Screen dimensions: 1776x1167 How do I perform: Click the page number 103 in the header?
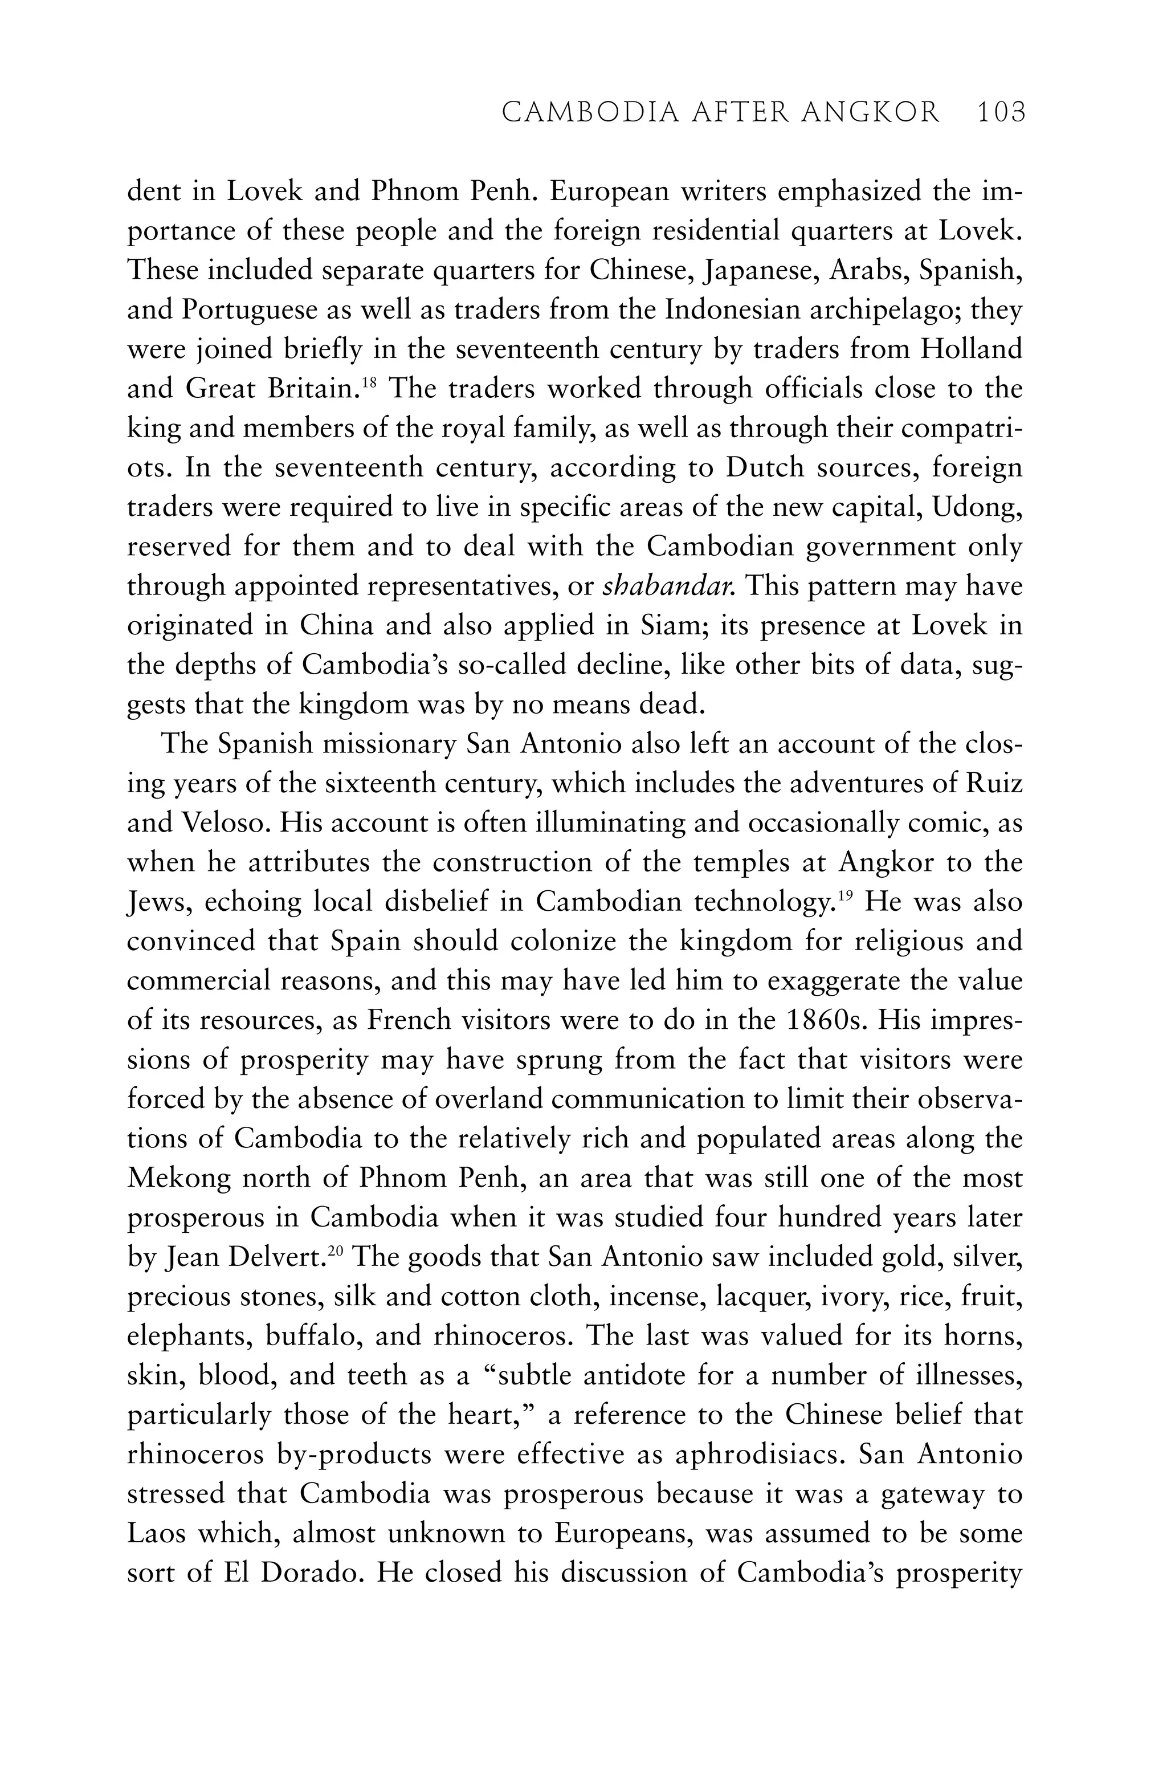(1001, 113)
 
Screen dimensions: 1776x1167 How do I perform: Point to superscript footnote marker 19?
(843, 894)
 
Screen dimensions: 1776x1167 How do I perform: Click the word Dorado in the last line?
(304, 1574)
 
